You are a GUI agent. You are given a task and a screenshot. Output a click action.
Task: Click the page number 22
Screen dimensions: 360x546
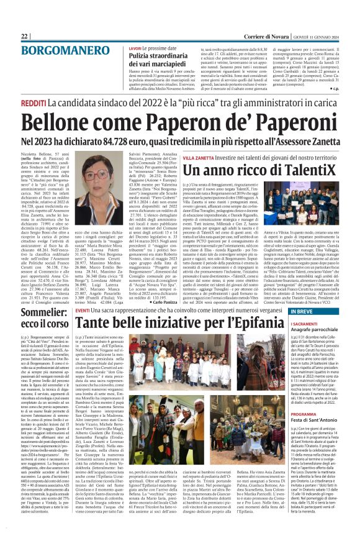click(x=25, y=37)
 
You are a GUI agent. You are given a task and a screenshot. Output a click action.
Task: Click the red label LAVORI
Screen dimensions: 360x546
click(x=135, y=48)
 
